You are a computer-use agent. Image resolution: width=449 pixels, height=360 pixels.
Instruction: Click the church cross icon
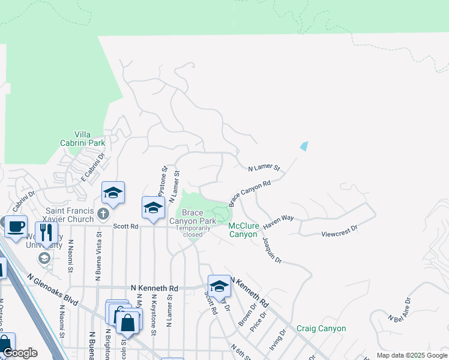[x=103, y=214]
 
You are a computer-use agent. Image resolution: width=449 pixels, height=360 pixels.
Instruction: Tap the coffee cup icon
[x=16, y=226]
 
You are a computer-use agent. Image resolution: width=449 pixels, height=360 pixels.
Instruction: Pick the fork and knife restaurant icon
[x=46, y=232]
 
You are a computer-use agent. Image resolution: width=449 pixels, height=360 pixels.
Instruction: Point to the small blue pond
[x=304, y=146]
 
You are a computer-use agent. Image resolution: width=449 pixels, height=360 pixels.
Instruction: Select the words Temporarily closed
[x=193, y=232]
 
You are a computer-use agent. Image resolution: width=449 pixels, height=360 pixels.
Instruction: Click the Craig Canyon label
[x=321, y=329]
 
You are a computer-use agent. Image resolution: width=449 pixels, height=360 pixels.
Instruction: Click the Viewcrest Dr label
[x=339, y=229]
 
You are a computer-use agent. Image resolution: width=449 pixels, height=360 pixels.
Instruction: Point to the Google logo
[x=20, y=353]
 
